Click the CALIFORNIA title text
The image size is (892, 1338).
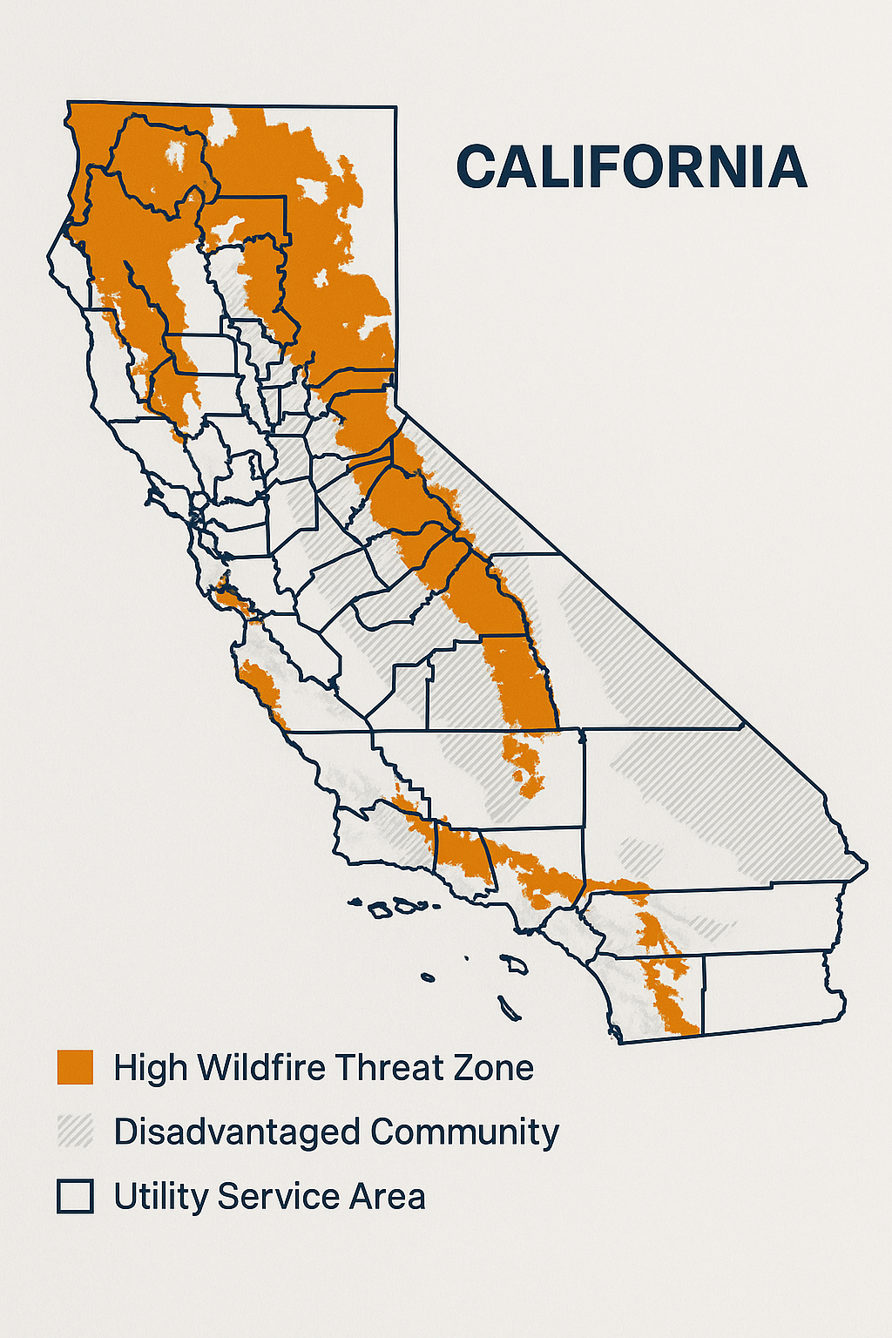(632, 167)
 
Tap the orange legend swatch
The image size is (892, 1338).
(75, 1067)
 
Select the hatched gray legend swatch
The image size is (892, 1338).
(75, 1132)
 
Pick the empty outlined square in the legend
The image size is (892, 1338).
(75, 1196)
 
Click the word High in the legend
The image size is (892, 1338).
(150, 1068)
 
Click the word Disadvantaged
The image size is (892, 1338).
(236, 1132)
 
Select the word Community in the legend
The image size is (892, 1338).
(464, 1132)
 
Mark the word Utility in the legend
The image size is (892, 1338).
(160, 1197)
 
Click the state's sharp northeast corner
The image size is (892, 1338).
(395, 108)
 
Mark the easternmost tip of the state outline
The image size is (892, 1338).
(867, 866)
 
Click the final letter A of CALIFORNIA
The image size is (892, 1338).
(787, 167)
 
